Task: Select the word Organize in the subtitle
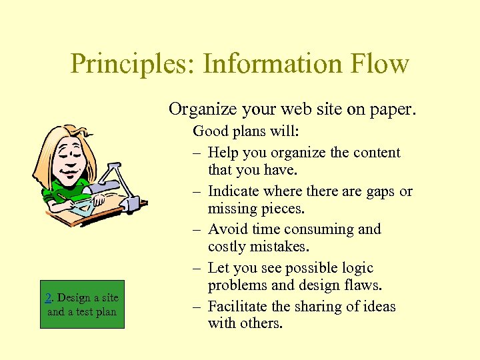tap(201, 109)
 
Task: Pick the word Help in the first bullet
tap(223, 153)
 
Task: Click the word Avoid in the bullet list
tap(226, 229)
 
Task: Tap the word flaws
tap(365, 285)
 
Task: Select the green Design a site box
tap(82, 305)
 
